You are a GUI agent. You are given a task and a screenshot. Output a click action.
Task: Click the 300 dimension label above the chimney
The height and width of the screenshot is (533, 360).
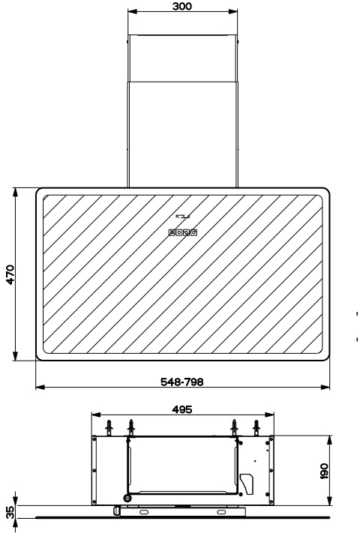pos(182,6)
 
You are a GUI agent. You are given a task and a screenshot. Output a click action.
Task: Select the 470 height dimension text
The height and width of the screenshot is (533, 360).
pos(10,274)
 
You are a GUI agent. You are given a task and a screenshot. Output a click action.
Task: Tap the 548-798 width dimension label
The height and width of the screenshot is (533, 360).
pos(182,382)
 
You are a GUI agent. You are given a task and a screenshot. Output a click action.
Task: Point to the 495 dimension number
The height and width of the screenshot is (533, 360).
pos(182,409)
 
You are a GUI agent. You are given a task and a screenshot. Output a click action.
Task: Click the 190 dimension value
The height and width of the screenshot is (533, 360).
pos(324,471)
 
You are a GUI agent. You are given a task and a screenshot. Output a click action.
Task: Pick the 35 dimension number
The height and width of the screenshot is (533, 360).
pos(10,512)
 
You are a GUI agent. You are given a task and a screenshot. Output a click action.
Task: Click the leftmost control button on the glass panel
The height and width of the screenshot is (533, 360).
pos(172,232)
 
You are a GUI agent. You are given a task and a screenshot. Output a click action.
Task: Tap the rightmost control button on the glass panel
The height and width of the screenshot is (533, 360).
pos(193,232)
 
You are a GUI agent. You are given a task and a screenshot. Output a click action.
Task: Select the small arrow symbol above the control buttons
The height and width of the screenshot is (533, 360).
pos(182,216)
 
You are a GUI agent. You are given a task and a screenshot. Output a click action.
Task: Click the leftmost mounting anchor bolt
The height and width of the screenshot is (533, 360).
pos(109,427)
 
